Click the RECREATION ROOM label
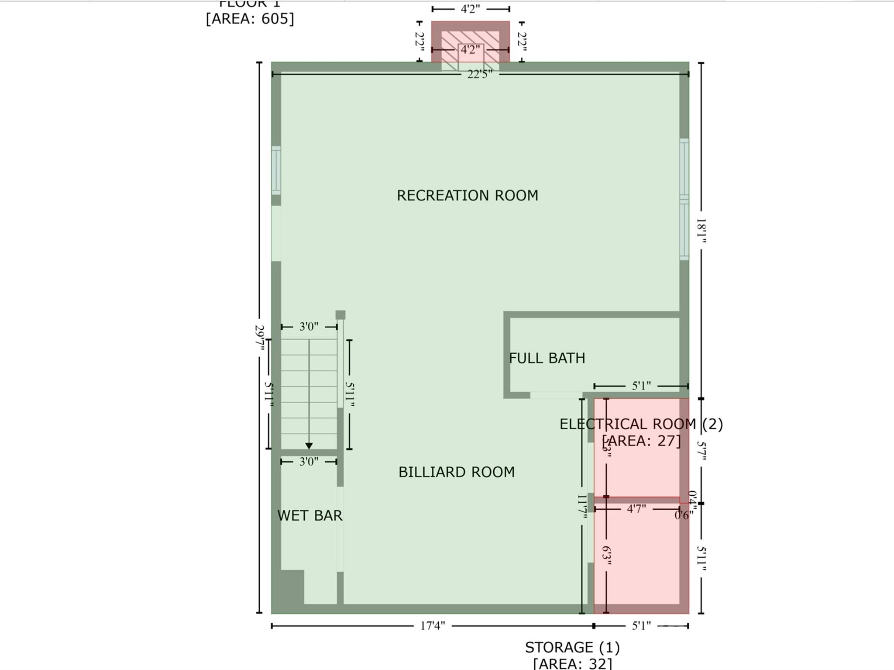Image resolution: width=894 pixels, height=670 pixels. point(467,195)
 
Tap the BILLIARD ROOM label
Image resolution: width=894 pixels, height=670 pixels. point(457,472)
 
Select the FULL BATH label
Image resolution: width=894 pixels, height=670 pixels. point(547,358)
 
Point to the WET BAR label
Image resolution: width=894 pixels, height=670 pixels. point(310,516)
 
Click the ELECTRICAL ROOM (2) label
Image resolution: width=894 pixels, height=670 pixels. point(641,424)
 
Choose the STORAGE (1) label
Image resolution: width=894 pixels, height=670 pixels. point(572,647)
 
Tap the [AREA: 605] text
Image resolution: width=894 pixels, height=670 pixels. point(250,19)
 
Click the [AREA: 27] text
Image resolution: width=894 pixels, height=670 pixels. point(641,441)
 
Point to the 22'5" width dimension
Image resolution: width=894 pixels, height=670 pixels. point(479,74)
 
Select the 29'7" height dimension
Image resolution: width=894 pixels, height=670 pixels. point(260,337)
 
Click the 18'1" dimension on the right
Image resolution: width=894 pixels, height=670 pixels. point(701,231)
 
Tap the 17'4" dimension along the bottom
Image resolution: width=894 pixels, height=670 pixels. point(432,626)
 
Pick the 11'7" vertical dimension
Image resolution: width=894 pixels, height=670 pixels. point(582,507)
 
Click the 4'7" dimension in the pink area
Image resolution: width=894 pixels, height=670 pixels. point(636,509)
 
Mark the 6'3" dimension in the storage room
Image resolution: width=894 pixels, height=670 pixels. point(606,555)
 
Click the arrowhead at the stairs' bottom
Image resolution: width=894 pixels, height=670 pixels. point(309,446)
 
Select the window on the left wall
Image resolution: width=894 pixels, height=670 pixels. point(276,170)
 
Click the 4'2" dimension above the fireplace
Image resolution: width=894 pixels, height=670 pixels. point(470,9)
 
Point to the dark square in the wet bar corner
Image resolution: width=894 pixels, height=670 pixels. point(292,587)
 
